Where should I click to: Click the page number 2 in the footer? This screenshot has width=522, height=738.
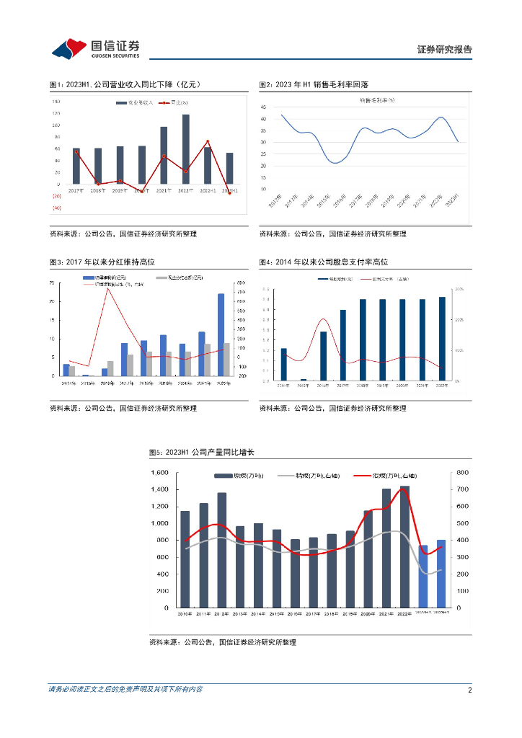point(469,690)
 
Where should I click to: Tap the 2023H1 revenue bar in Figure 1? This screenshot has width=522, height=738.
point(229,167)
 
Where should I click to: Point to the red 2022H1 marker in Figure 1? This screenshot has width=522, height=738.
point(208,141)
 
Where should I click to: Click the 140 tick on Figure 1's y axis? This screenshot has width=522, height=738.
point(56,102)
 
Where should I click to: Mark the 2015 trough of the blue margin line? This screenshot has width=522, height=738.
point(336,163)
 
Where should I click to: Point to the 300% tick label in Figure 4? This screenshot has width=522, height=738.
point(459,289)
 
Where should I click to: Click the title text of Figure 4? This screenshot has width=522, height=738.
point(328,262)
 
